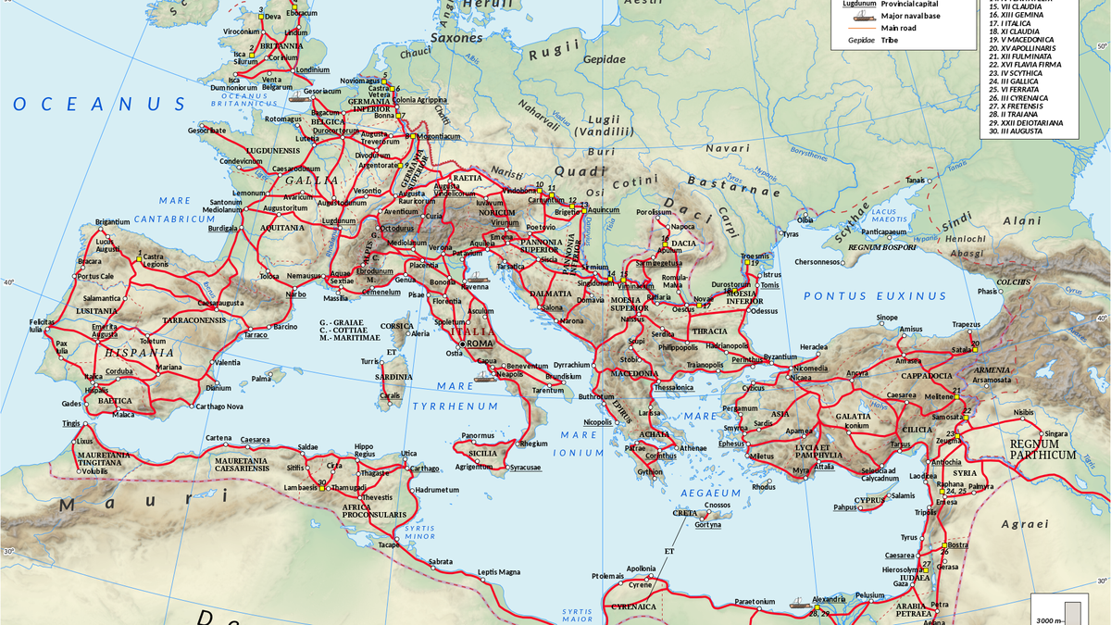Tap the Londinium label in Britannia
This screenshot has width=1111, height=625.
pos(311,70)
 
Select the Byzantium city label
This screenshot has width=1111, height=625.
pos(780,356)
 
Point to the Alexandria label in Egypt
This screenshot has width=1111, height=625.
pos(829,599)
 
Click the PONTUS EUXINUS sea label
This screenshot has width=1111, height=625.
pos(875,296)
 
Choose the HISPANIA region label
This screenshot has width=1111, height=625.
pos(138,353)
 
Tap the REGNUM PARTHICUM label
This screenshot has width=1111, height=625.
pos(1042,449)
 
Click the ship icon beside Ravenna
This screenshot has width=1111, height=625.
pos(479,277)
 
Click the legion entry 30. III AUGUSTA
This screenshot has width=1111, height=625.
pos(1016,131)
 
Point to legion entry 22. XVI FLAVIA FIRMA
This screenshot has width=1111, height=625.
pos(1025,64)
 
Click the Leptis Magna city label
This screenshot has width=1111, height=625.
pos(499,571)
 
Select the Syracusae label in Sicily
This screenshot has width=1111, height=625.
pos(525,468)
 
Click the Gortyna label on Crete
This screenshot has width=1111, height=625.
pos(707,525)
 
